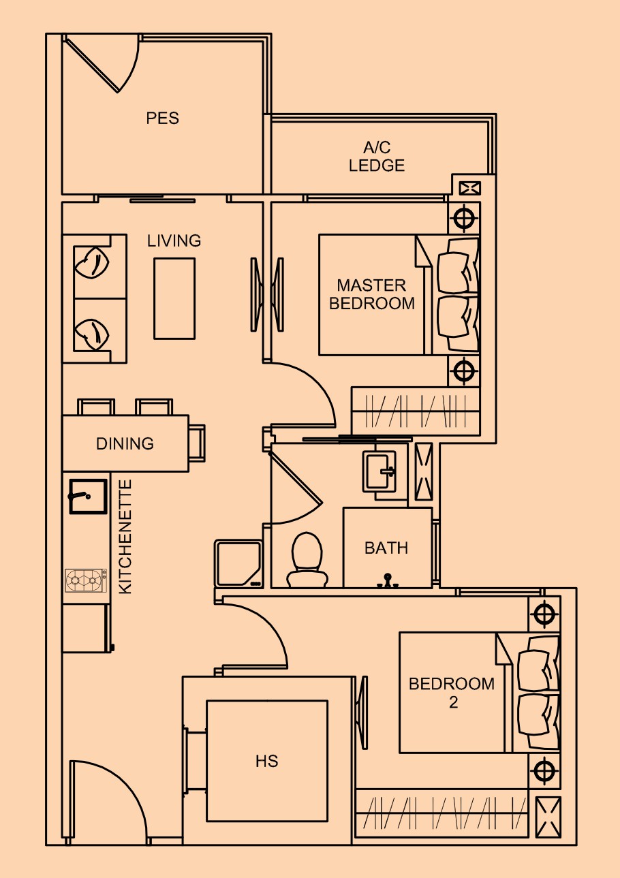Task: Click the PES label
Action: click(x=162, y=118)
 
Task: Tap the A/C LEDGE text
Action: click(x=377, y=157)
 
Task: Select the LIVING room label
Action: click(x=174, y=240)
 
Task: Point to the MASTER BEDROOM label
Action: click(x=371, y=294)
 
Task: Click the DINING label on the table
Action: click(x=125, y=443)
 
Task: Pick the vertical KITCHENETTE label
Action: click(x=125, y=537)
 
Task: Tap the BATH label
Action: click(x=386, y=548)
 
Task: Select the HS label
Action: click(x=266, y=762)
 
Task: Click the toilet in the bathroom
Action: click(x=307, y=560)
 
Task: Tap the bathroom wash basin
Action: click(x=379, y=471)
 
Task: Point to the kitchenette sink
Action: click(x=89, y=497)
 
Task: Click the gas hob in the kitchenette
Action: click(x=86, y=580)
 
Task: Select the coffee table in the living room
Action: click(x=174, y=298)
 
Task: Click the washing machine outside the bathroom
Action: click(x=238, y=563)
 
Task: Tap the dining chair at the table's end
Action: click(x=197, y=443)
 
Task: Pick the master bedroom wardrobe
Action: click(x=416, y=411)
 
